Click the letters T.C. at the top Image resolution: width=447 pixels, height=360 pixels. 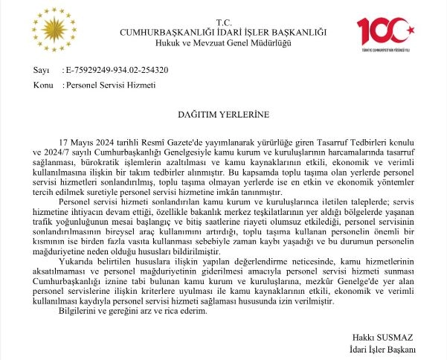point(224,22)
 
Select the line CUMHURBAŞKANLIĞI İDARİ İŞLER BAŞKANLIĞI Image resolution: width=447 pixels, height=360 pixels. point(224,32)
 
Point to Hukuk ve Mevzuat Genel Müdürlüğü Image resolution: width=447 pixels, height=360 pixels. point(224,42)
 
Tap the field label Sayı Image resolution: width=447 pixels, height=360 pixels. point(39,71)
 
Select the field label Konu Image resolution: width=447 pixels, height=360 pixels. point(41,86)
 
